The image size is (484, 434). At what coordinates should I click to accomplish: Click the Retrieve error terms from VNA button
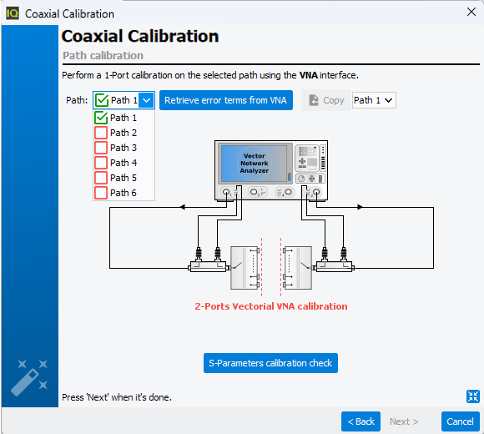click(x=226, y=100)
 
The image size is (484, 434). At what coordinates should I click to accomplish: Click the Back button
click(x=360, y=421)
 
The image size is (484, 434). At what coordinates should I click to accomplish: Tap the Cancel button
click(x=461, y=421)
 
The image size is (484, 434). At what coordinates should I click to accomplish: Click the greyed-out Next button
click(x=404, y=421)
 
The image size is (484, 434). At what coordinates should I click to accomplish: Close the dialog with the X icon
click(x=471, y=12)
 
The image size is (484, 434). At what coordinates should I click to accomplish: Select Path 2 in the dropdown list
click(x=124, y=133)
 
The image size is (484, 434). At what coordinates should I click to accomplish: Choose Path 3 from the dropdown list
click(x=124, y=148)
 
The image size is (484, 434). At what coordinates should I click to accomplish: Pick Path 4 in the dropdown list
click(x=124, y=163)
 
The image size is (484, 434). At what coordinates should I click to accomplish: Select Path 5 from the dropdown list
click(x=124, y=178)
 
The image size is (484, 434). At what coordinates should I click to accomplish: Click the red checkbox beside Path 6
click(x=101, y=193)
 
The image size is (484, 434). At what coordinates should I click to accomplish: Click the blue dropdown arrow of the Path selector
click(x=146, y=100)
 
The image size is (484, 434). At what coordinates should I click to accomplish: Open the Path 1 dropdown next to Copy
click(x=374, y=100)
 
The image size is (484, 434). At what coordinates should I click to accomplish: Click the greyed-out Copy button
click(x=326, y=100)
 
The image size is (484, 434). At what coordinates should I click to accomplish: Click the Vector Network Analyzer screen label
click(x=255, y=164)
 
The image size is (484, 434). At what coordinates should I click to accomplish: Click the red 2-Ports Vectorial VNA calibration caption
click(x=271, y=306)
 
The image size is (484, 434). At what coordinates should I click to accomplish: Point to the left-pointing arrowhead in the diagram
click(x=183, y=207)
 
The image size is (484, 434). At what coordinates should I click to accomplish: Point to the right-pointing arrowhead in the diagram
click(x=360, y=207)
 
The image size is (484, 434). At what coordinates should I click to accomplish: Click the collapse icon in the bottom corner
click(x=473, y=396)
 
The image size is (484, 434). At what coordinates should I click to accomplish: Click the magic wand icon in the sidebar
click(x=29, y=377)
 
